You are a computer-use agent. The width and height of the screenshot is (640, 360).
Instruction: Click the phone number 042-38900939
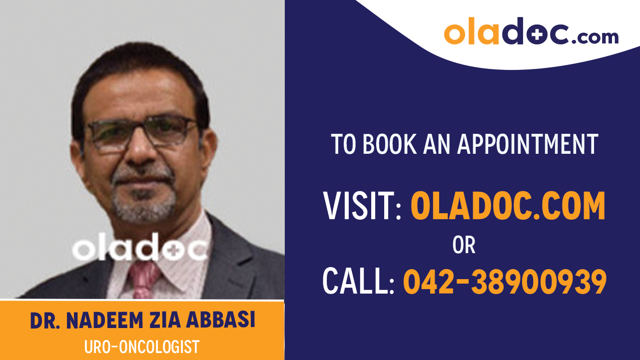[505, 281]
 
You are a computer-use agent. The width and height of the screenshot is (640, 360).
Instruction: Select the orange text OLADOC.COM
[508, 206]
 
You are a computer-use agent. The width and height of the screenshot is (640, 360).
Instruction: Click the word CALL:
[358, 281]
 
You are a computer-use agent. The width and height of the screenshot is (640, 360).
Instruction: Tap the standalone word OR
[464, 245]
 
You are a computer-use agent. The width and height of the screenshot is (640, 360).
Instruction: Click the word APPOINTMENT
[528, 144]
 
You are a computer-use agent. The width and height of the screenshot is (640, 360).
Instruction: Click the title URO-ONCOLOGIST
[142, 346]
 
